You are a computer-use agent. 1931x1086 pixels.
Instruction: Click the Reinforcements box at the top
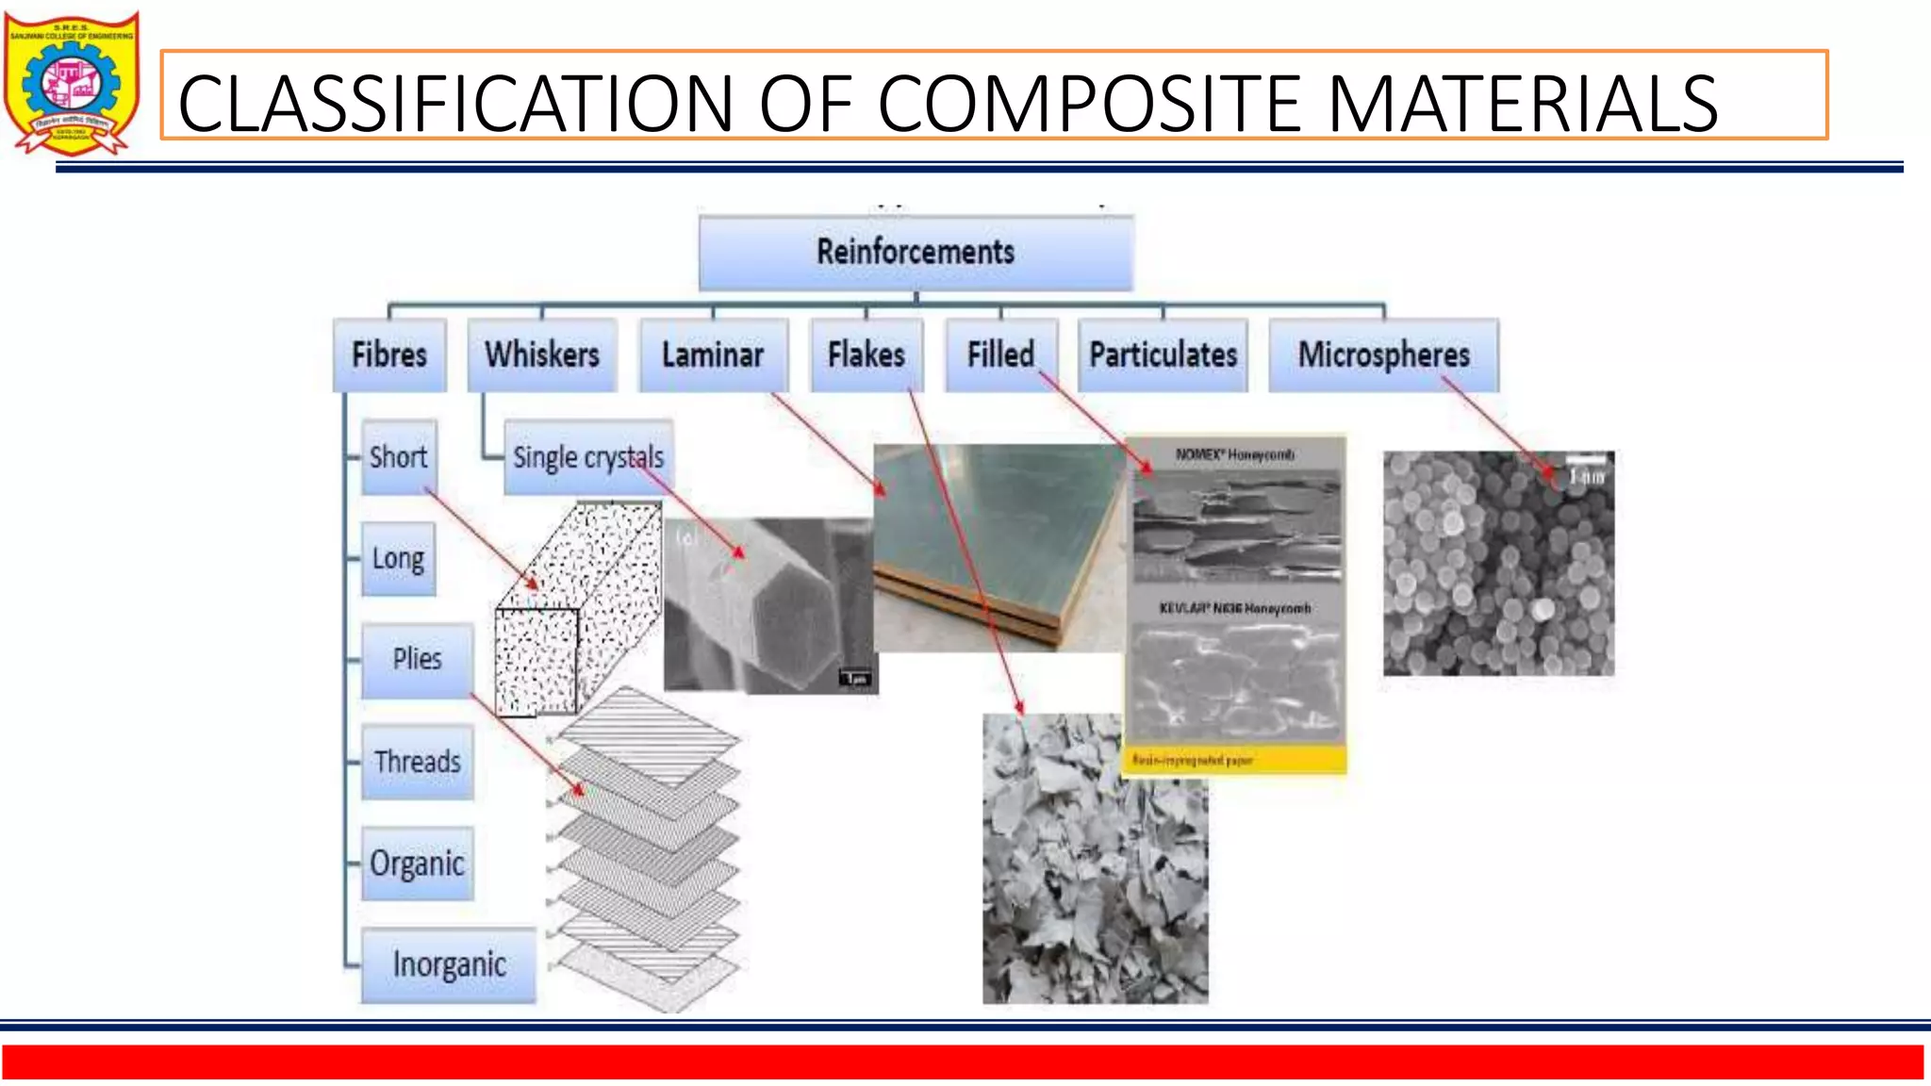(916, 253)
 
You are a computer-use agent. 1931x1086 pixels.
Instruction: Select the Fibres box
(389, 355)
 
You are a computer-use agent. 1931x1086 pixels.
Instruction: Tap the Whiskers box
(542, 355)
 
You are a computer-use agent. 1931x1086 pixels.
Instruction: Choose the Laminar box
(713, 355)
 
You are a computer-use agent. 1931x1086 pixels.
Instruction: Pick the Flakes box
(866, 355)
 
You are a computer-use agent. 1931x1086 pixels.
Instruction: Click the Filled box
(1000, 355)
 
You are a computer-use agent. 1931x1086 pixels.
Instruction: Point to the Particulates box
(1163, 355)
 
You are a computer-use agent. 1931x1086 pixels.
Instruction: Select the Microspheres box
(1383, 355)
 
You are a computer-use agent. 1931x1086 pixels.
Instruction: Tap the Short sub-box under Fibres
(399, 457)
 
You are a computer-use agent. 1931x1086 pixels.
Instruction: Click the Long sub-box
(398, 559)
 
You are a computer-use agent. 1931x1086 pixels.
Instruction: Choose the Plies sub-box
(417, 660)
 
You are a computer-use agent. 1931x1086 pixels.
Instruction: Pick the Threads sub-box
(417, 762)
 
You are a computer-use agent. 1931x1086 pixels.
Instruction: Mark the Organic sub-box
(417, 864)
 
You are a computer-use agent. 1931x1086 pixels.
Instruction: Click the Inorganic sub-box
(449, 964)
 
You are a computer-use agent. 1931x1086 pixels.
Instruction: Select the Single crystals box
(588, 457)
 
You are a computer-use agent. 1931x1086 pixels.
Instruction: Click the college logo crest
(72, 83)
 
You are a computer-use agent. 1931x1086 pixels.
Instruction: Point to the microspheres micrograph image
(1498, 563)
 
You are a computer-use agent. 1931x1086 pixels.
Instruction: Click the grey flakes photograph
(1095, 858)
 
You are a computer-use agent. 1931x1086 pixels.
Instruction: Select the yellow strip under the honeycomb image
(1235, 760)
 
